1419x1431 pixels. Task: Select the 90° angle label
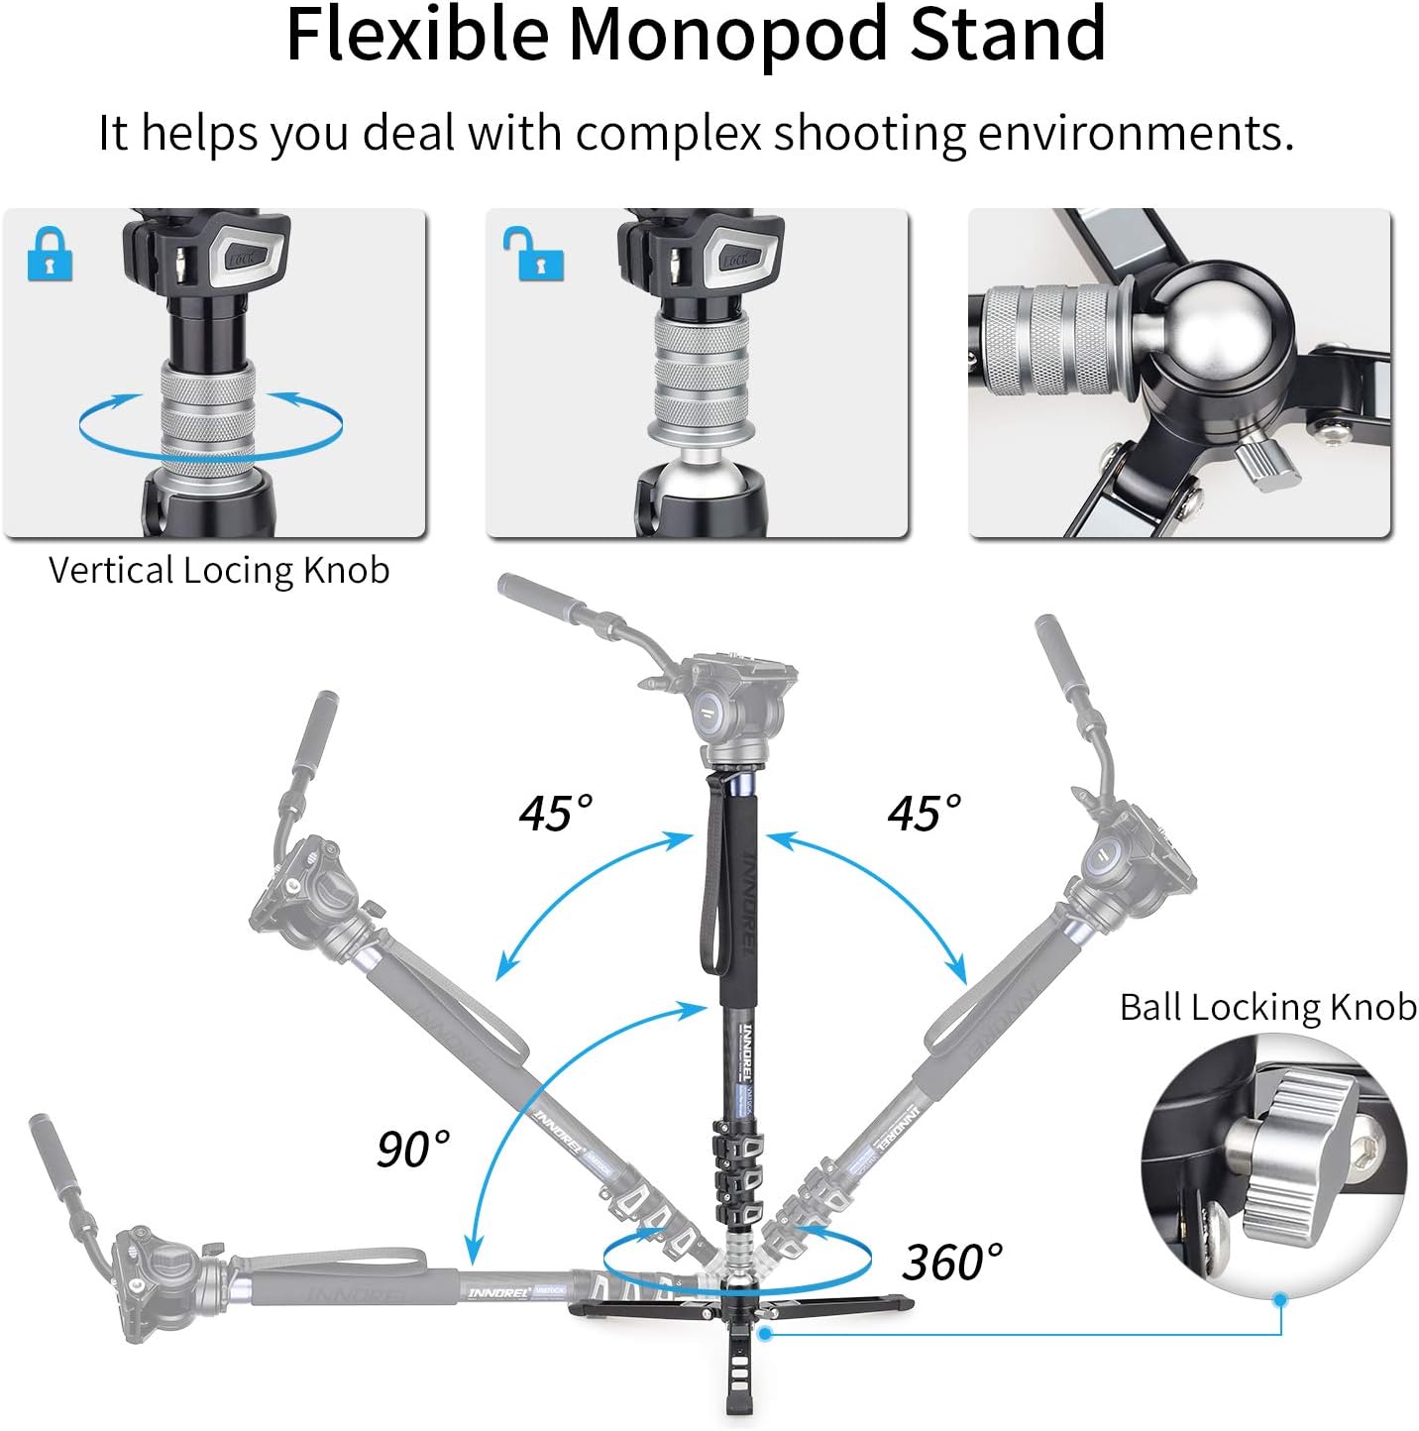pyautogui.click(x=413, y=1149)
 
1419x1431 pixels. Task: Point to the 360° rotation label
pyautogui.click(x=952, y=1262)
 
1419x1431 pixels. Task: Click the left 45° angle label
pyautogui.click(x=556, y=813)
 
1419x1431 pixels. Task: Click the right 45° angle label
pyautogui.click(x=925, y=813)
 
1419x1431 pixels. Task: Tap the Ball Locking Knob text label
pyautogui.click(x=1267, y=1007)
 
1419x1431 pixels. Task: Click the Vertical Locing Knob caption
pyautogui.click(x=219, y=570)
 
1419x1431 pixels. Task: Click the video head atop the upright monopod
pyautogui.click(x=728, y=709)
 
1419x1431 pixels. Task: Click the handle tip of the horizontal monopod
pyautogui.click(x=47, y=1130)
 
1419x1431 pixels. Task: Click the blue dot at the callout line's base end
pyautogui.click(x=764, y=1334)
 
